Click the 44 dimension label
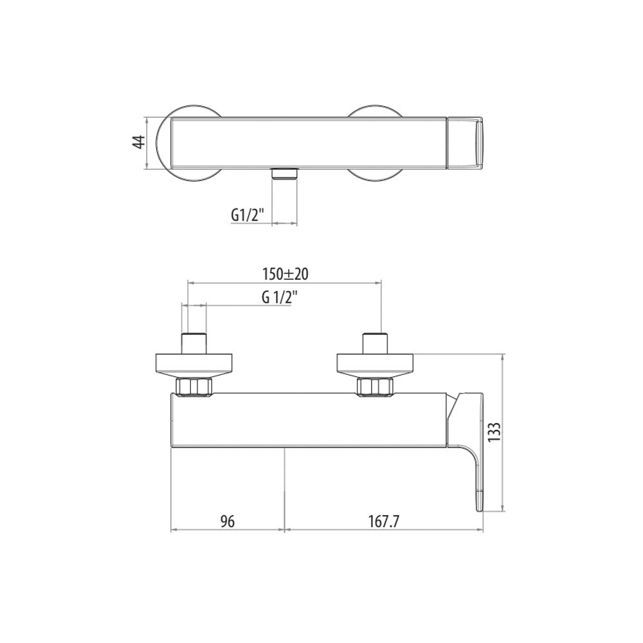pyautogui.click(x=140, y=142)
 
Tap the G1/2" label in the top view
pyautogui.click(x=247, y=215)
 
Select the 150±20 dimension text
pyautogui.click(x=285, y=274)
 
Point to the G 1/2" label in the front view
pyautogui.click(x=279, y=298)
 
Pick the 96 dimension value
pyautogui.click(x=228, y=521)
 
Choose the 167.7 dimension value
pyautogui.click(x=383, y=521)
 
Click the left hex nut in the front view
pyautogui.click(x=194, y=387)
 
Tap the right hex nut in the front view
pyautogui.click(x=375, y=387)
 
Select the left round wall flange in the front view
pyautogui.click(x=194, y=365)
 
